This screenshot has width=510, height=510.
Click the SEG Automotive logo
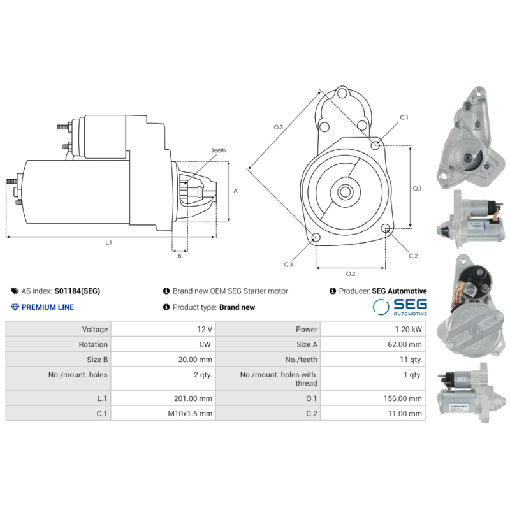click(400, 307)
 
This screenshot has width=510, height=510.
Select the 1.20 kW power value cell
click(408, 330)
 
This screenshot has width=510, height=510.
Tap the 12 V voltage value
click(205, 330)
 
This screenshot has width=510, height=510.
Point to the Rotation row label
click(94, 344)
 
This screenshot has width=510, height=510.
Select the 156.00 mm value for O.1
click(405, 398)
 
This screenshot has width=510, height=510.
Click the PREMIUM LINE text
click(47, 307)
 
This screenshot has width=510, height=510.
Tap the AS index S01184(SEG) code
click(77, 291)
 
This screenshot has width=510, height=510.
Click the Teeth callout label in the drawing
click(219, 150)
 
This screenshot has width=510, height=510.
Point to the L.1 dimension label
click(108, 242)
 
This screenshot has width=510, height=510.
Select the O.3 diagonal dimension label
click(279, 127)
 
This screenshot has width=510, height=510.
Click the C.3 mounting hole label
click(289, 264)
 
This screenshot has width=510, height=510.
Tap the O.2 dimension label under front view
click(350, 274)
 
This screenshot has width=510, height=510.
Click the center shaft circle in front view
click(345, 191)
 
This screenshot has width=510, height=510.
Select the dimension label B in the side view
click(179, 256)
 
